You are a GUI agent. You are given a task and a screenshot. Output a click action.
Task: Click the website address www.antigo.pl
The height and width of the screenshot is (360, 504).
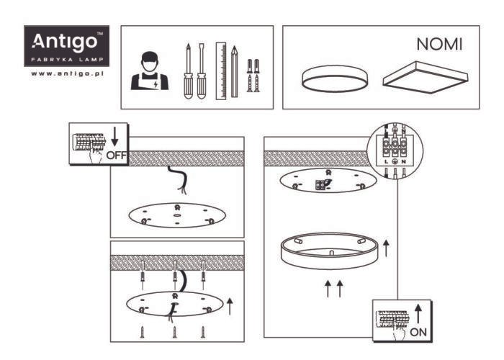pos(67,73)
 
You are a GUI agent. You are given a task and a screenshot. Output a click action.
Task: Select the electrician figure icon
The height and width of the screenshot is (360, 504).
pos(150,71)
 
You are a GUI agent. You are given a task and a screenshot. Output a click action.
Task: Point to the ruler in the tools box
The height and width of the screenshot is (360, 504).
pos(221,71)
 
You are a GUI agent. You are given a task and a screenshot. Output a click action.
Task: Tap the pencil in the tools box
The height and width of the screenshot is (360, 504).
pos(234,71)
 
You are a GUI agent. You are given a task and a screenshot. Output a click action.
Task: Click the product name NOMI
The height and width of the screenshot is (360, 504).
pos(439,45)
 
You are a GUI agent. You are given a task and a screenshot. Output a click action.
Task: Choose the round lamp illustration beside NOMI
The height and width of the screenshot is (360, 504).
pos(335,78)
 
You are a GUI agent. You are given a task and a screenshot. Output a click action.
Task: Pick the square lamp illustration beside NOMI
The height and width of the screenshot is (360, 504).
pos(425,78)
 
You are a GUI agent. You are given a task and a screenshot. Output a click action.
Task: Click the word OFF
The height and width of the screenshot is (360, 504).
pos(117,156)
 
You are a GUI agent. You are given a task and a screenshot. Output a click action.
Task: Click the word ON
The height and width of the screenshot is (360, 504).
pos(418,332)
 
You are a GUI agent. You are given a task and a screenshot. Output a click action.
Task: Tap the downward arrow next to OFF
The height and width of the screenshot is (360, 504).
pos(114,136)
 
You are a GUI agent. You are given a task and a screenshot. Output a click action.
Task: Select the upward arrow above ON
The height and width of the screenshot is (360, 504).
pos(418,314)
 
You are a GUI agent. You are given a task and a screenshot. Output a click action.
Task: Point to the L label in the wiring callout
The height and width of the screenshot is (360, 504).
pos(387,162)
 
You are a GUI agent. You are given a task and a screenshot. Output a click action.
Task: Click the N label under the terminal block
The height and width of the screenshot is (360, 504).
pos(403,162)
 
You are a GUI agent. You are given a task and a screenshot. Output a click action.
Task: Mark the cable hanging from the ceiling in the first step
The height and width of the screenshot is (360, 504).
pos(178,180)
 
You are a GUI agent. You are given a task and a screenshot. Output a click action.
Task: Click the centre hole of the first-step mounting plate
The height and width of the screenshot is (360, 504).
pos(176,215)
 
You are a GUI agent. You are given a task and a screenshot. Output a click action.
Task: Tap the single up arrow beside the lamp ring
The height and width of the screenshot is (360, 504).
pos(386,248)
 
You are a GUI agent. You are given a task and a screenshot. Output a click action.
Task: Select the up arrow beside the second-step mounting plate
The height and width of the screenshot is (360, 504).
pos(230,306)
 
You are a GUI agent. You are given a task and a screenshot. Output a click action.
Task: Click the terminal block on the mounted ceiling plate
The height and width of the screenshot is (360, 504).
pos(320,185)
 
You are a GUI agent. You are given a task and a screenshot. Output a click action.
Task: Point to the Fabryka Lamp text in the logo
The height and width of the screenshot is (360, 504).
pos(67,60)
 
